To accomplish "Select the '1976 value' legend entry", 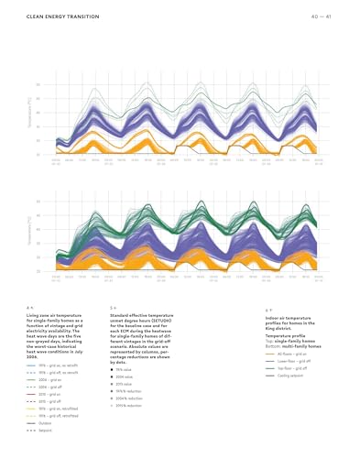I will pos(129,368).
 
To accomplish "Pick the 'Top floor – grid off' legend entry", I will pos(292,368).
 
